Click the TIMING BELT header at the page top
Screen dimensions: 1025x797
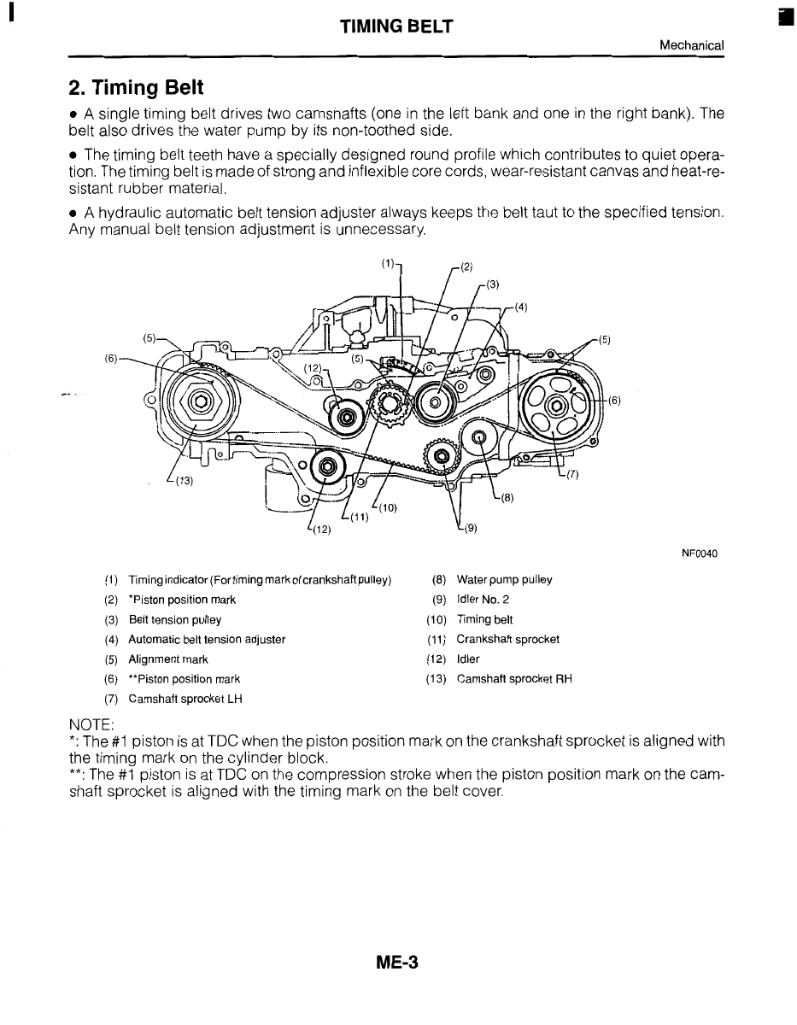[396, 27]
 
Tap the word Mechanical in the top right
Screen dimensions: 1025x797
[692, 45]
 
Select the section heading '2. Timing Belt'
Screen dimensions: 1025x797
[137, 88]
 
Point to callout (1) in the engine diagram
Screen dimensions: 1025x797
[388, 264]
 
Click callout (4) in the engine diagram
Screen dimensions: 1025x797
[521, 307]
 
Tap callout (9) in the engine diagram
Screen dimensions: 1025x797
[471, 527]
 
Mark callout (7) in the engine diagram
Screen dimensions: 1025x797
[571, 476]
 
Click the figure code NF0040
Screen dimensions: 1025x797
[700, 553]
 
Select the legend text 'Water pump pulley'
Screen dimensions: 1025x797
[504, 580]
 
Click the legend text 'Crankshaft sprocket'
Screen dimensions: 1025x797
[507, 639]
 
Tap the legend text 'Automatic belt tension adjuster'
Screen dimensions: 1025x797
[207, 639]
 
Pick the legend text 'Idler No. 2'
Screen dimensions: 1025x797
[483, 600]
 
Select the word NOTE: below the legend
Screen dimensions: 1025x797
[91, 723]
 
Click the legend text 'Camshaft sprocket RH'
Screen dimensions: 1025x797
[514, 679]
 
